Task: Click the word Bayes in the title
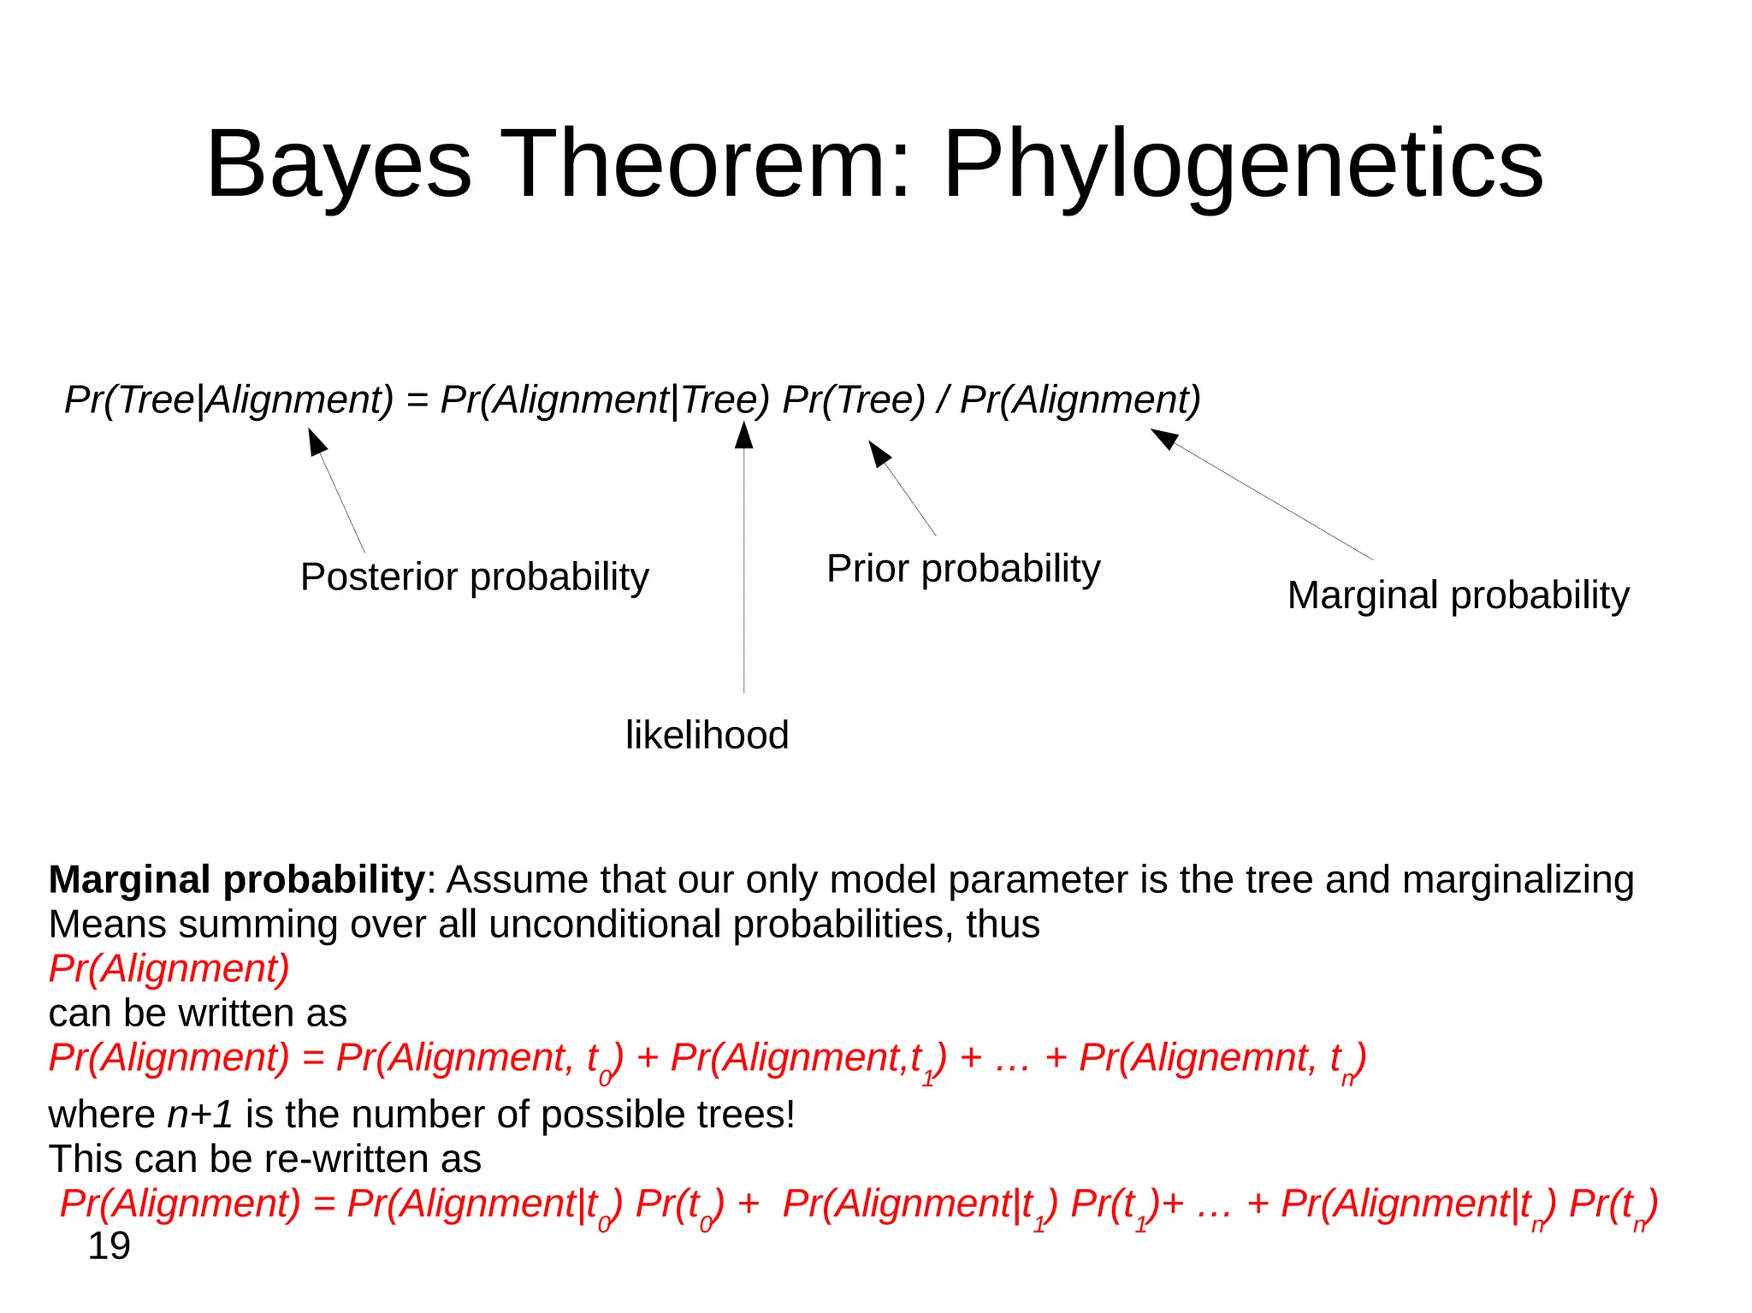[339, 164]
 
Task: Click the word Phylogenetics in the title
[1242, 164]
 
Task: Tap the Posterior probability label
[475, 577]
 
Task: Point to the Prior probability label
[963, 569]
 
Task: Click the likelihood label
[707, 736]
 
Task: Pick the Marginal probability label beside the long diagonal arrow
[1458, 595]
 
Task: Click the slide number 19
[109, 1246]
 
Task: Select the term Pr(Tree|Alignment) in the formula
[229, 399]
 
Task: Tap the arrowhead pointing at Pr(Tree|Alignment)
[317, 441]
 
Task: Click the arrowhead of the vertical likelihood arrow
[744, 435]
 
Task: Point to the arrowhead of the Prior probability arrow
[879, 452]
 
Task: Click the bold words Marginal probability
[236, 879]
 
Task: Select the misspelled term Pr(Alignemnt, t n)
[1222, 1059]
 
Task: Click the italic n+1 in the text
[200, 1115]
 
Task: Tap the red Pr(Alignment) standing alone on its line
[169, 968]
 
